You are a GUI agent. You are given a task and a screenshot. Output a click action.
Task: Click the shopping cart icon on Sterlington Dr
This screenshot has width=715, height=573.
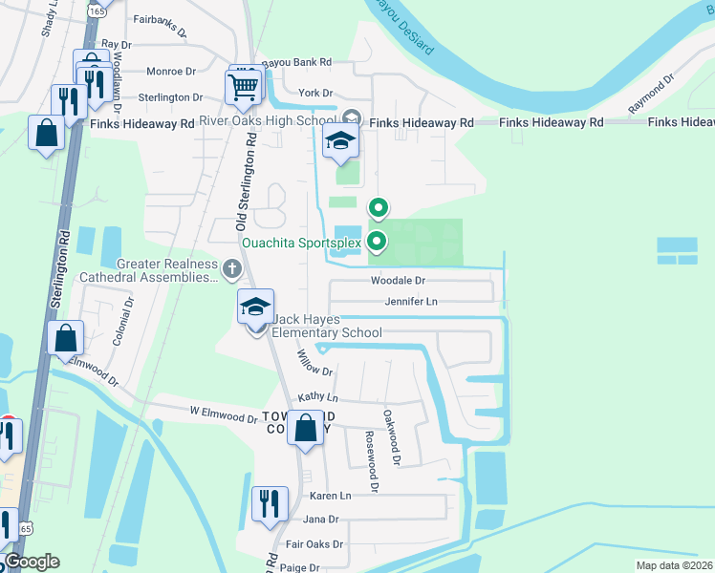click(x=244, y=87)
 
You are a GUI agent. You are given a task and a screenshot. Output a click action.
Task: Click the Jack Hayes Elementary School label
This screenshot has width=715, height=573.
click(x=326, y=326)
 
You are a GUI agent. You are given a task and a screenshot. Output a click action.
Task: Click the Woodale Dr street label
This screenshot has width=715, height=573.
click(x=398, y=281)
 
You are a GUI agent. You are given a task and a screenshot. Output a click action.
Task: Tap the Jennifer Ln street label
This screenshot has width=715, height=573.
click(x=411, y=302)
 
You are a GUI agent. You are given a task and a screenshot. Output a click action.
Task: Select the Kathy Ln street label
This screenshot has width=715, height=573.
click(x=318, y=397)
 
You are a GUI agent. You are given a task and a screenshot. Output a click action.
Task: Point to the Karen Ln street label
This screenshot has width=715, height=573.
click(x=331, y=496)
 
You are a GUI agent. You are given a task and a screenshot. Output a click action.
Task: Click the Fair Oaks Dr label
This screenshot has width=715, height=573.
click(x=314, y=544)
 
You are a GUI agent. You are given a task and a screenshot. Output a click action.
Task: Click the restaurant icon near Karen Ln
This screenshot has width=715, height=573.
click(x=270, y=502)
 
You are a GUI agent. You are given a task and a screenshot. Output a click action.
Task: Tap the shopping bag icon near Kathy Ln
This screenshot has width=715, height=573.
click(x=306, y=430)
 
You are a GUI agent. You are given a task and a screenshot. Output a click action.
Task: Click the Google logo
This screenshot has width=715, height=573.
click(x=32, y=562)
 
